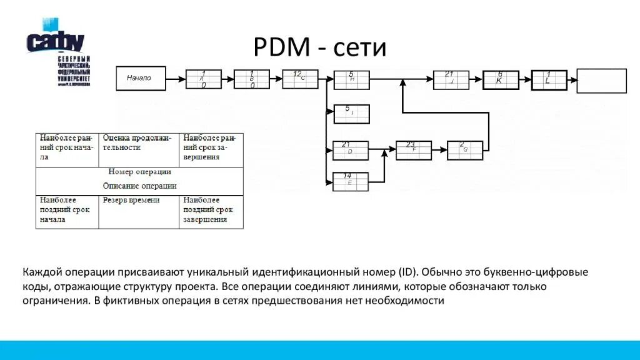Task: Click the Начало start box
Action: point(141,78)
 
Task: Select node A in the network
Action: point(203,79)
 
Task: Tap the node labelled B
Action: point(252,79)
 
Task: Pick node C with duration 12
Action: point(300,79)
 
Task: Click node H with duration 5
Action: point(351,79)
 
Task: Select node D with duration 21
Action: point(350,150)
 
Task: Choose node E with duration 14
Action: point(350,181)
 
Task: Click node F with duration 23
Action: point(414,150)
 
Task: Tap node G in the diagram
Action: point(465,150)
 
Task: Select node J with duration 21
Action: point(451,79)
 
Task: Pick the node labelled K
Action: point(501,79)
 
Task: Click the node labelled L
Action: point(549,79)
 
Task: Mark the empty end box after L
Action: point(601,81)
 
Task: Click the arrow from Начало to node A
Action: point(176,79)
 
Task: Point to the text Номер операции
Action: point(139,171)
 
